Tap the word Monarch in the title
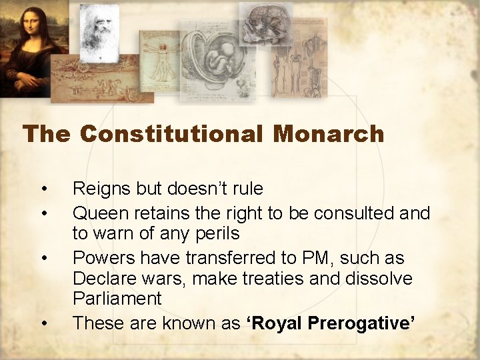(x=328, y=134)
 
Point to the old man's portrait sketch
(x=99, y=30)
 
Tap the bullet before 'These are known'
(x=43, y=324)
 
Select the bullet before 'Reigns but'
(x=43, y=189)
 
